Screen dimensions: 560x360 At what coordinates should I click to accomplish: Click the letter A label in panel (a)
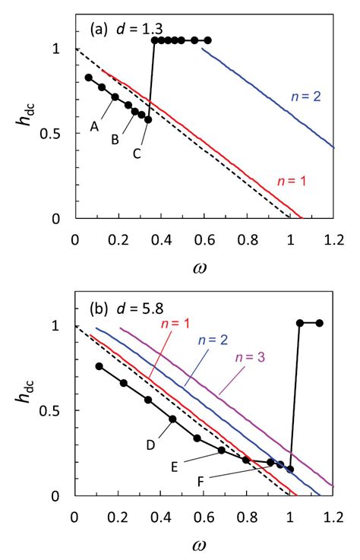[x=96, y=128]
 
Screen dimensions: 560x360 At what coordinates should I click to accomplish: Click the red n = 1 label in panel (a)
[x=289, y=182]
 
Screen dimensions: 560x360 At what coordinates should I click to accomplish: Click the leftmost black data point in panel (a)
[x=88, y=78]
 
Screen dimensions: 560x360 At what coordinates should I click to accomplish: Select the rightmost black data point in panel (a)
[x=207, y=40]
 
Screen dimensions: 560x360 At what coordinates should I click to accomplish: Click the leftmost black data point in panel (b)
[x=99, y=366]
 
